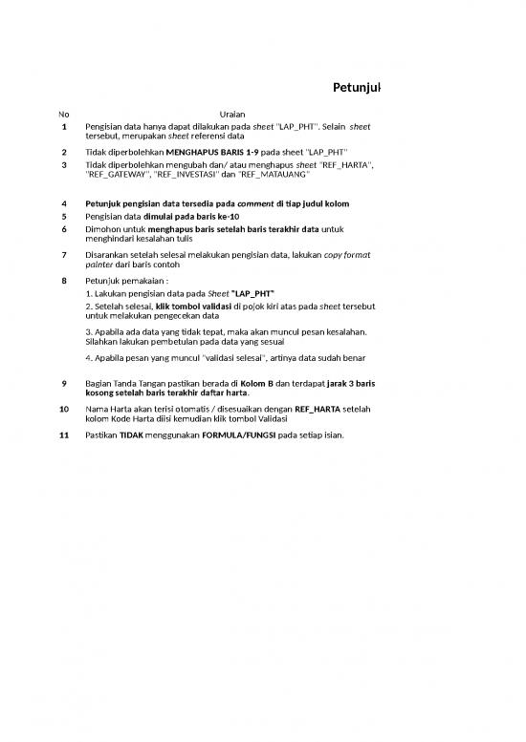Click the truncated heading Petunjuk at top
click(x=356, y=89)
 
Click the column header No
click(x=63, y=115)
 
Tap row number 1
click(x=63, y=126)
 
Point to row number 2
click(x=63, y=152)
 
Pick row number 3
click(x=63, y=165)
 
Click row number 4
click(x=63, y=203)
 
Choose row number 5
click(x=63, y=217)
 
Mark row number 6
click(x=63, y=230)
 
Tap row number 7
click(x=63, y=255)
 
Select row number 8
click(x=63, y=281)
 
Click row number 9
click(x=63, y=383)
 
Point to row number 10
click(x=63, y=409)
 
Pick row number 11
click(x=63, y=435)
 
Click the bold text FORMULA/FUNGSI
click(x=233, y=435)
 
